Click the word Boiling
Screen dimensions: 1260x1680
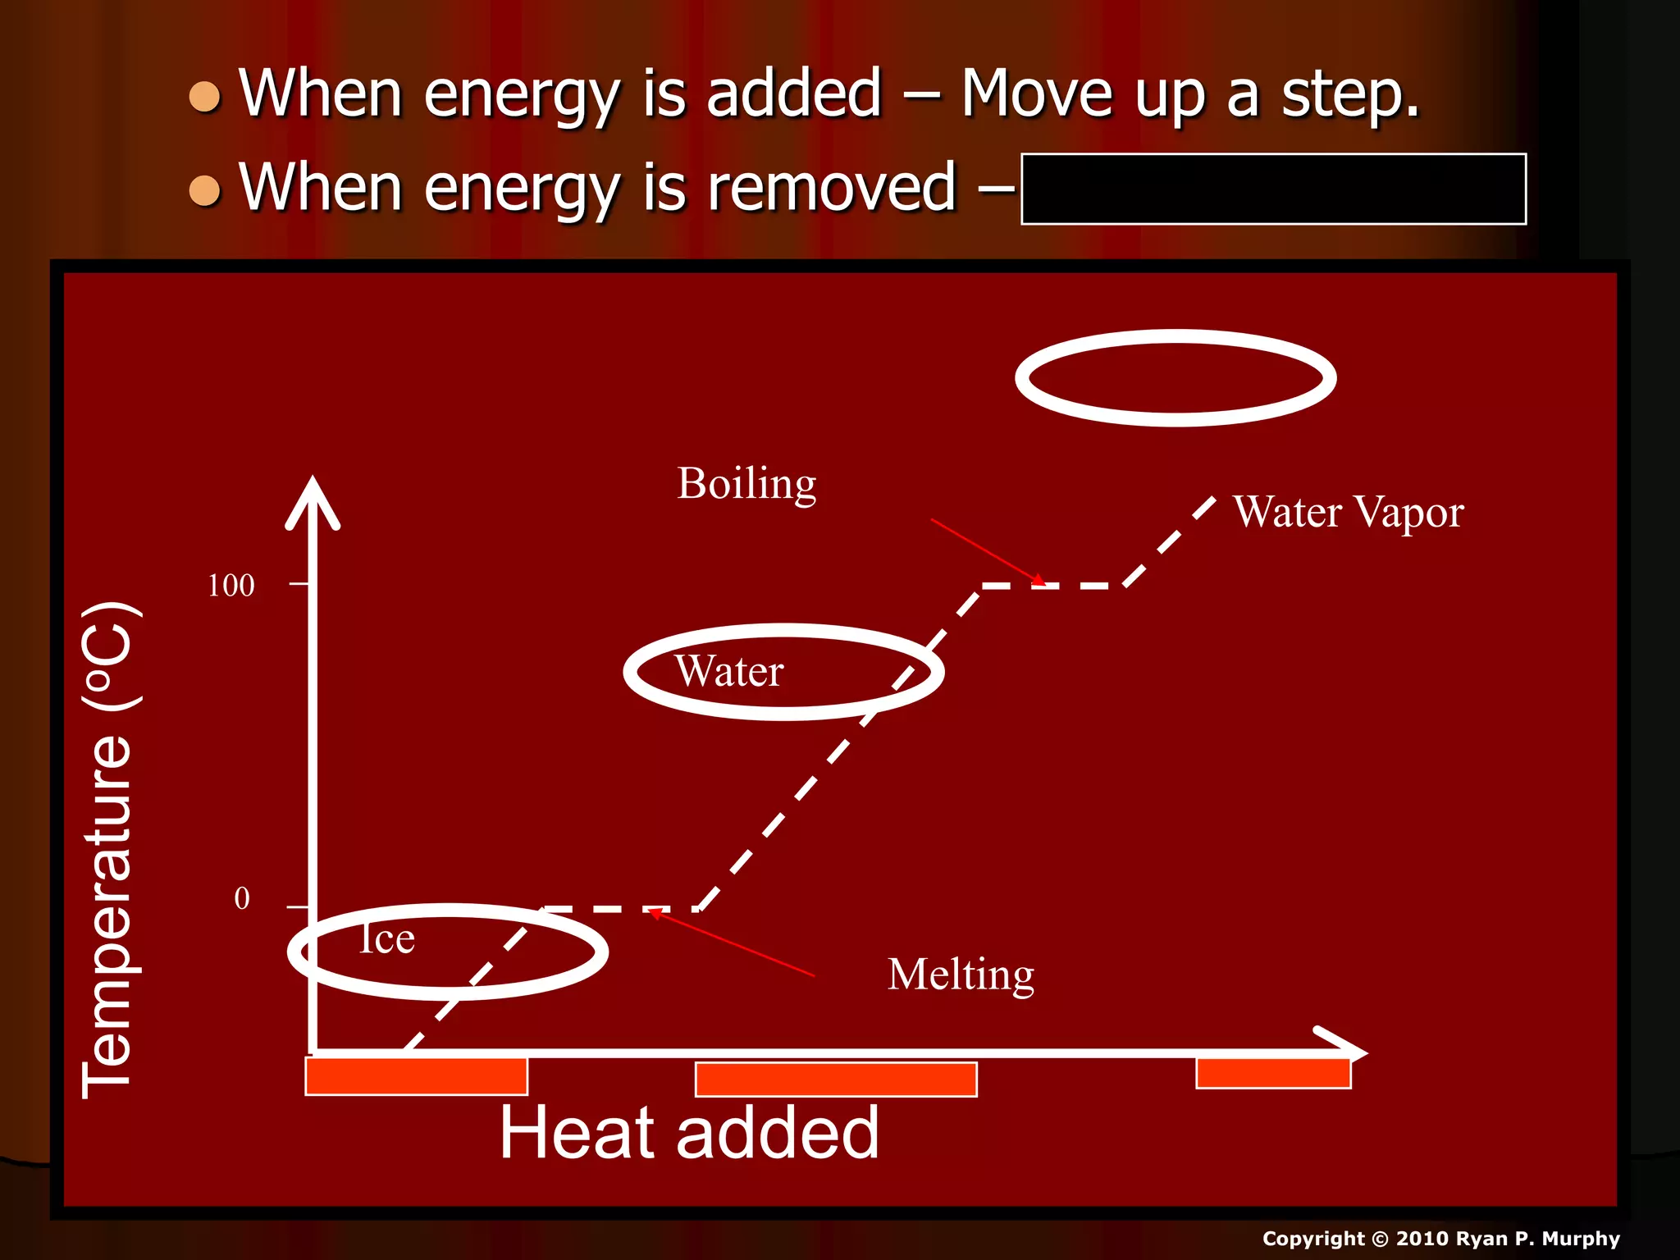pos(746,484)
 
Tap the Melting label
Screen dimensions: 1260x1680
pos(961,975)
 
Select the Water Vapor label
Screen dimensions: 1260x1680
pos(1348,513)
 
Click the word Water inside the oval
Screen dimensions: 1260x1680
pos(729,671)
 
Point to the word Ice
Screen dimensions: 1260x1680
pos(387,938)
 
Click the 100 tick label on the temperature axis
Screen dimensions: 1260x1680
pos(231,586)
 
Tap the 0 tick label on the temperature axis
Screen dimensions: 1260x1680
pos(242,898)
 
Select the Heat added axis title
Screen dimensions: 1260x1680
pos(689,1133)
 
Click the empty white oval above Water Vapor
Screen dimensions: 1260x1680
pos(1176,378)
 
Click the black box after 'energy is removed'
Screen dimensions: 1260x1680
pos(1273,189)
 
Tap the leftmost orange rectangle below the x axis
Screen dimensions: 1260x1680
pos(416,1076)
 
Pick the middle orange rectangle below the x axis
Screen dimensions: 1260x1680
pos(836,1079)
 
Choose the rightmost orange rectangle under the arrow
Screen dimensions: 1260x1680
pos(1273,1073)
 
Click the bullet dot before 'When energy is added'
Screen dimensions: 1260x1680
pos(204,97)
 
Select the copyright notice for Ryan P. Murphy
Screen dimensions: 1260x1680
pos(1440,1239)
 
